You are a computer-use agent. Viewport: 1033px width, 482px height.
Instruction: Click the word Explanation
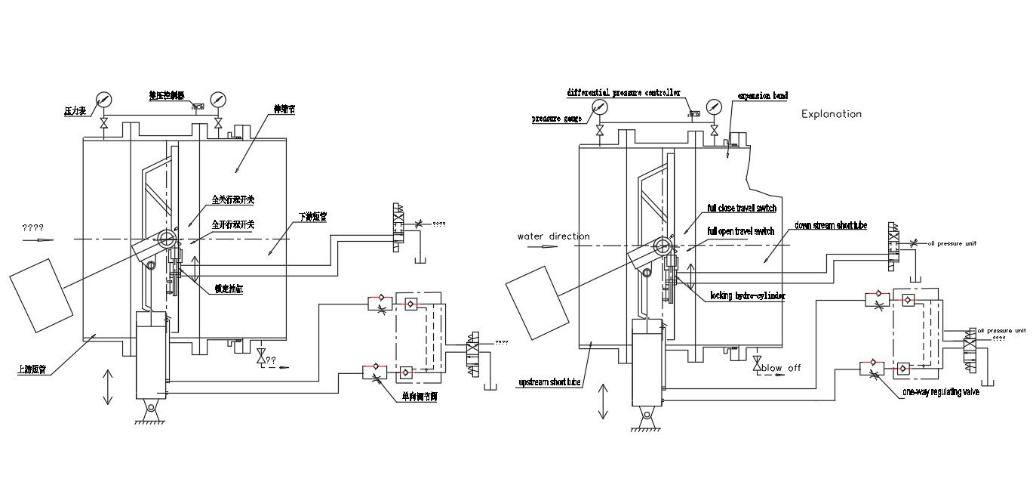831,114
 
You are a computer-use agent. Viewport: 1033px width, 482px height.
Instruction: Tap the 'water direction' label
553,236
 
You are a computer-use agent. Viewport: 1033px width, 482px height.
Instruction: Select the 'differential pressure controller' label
623,92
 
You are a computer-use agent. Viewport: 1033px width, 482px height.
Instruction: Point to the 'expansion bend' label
762,96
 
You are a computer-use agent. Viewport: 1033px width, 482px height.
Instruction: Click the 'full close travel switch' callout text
741,208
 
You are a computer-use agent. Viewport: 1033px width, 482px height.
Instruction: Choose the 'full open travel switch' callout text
740,230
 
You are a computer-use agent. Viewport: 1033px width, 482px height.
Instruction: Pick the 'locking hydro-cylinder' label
747,296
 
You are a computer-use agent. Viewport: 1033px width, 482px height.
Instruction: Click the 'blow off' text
781,368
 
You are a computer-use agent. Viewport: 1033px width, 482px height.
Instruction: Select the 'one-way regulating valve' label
941,392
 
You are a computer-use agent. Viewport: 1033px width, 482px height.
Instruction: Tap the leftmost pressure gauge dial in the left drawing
103,100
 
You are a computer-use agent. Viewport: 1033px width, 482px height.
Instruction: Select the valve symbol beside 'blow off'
757,364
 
